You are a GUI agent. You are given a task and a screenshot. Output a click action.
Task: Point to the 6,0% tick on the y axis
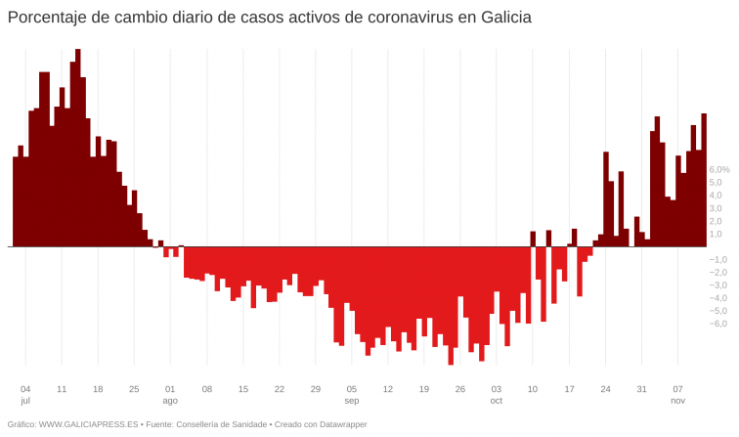[718, 169]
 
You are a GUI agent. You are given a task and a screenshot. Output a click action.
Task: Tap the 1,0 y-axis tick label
[717, 234]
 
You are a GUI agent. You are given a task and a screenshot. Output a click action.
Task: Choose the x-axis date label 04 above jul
[25, 388]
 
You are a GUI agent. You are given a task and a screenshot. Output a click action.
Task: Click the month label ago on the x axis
[170, 401]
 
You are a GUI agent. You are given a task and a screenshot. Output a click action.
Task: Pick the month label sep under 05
[352, 401]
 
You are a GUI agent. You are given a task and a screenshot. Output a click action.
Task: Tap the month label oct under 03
[497, 401]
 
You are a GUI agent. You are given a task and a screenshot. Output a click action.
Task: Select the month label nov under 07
[677, 401]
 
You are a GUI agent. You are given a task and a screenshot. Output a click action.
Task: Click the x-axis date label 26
[460, 388]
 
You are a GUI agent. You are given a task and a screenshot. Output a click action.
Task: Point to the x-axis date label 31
[641, 388]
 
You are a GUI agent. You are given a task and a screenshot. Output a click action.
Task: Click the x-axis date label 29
[316, 388]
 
